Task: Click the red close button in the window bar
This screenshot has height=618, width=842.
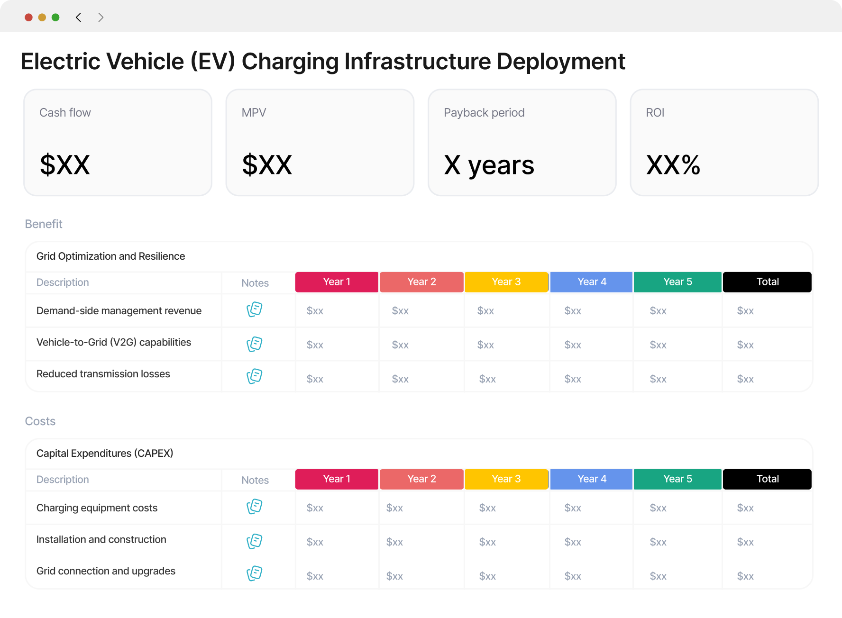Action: pyautogui.click(x=28, y=18)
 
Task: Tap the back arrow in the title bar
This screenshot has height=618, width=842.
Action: pyautogui.click(x=78, y=18)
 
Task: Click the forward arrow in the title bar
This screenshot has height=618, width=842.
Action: pyautogui.click(x=101, y=18)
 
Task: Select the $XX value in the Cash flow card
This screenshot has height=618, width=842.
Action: pyautogui.click(x=65, y=165)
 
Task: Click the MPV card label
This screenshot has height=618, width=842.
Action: pyautogui.click(x=254, y=113)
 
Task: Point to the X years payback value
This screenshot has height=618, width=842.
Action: pyautogui.click(x=489, y=166)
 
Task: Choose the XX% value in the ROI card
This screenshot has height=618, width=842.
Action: pyautogui.click(x=673, y=165)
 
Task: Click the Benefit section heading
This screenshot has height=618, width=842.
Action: pyautogui.click(x=44, y=224)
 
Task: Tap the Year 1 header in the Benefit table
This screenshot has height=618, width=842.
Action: pyautogui.click(x=337, y=282)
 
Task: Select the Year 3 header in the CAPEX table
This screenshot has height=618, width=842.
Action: pyautogui.click(x=506, y=479)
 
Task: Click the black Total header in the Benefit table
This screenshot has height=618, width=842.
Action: pyautogui.click(x=767, y=282)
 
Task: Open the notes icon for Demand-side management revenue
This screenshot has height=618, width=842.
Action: pyautogui.click(x=255, y=309)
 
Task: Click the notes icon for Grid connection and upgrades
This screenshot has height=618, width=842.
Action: pyautogui.click(x=255, y=573)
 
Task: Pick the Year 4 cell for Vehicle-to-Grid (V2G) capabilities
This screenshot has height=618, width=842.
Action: pyautogui.click(x=573, y=345)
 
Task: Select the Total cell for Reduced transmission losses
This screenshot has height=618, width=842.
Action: pyautogui.click(x=745, y=379)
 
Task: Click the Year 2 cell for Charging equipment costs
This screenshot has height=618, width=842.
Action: pyautogui.click(x=394, y=508)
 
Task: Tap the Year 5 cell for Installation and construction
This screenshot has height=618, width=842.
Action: pyautogui.click(x=658, y=542)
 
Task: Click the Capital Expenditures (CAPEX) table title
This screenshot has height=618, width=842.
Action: pyautogui.click(x=105, y=454)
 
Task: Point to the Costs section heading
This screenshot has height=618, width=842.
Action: pyautogui.click(x=40, y=421)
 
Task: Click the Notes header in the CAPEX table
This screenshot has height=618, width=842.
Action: pyautogui.click(x=255, y=480)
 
